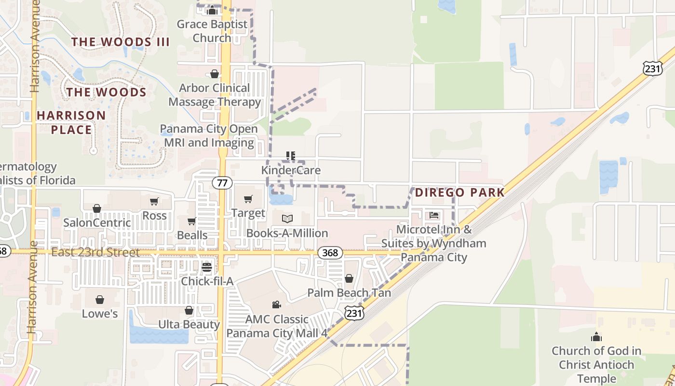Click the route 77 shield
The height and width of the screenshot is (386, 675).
pyautogui.click(x=221, y=183)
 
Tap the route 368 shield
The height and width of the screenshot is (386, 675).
pyautogui.click(x=330, y=253)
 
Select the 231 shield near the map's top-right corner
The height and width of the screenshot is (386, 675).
pyautogui.click(x=652, y=69)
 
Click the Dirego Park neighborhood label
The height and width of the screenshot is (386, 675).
pyautogui.click(x=459, y=193)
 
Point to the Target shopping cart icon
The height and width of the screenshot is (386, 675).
pyautogui.click(x=248, y=199)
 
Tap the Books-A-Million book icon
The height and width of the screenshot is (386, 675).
pyautogui.click(x=287, y=219)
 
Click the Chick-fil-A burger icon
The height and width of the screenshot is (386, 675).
pyautogui.click(x=207, y=267)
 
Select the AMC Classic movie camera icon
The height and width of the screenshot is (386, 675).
pyautogui.click(x=276, y=305)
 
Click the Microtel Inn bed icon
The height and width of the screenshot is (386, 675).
pyautogui.click(x=434, y=215)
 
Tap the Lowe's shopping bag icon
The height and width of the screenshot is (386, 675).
pyautogui.click(x=100, y=300)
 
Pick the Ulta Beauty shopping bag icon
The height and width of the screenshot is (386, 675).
pyautogui.click(x=189, y=310)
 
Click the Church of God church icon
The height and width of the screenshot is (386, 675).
pyautogui.click(x=596, y=337)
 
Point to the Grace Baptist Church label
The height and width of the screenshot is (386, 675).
pyautogui.click(x=212, y=31)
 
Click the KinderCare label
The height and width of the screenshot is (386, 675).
pyautogui.click(x=291, y=170)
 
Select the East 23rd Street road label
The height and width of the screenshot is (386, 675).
pyautogui.click(x=95, y=252)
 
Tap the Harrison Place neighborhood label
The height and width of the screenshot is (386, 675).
pyautogui.click(x=71, y=123)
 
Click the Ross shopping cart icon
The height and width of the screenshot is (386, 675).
pyautogui.click(x=154, y=201)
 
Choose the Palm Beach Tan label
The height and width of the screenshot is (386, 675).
pyautogui.click(x=349, y=292)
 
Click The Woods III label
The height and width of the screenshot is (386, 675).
pyautogui.click(x=121, y=42)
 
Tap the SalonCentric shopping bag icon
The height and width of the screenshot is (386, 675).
pyautogui.click(x=97, y=208)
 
